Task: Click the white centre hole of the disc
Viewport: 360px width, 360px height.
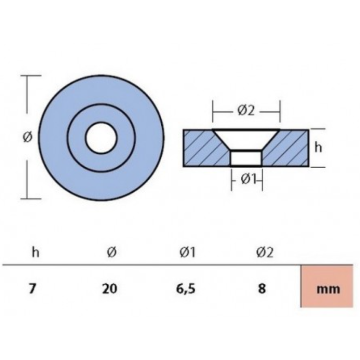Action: pos(101,138)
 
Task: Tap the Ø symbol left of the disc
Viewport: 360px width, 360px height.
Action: pos(28,137)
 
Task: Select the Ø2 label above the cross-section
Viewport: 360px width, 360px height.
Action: pos(246,111)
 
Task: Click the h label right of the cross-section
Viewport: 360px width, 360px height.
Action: pos(318,147)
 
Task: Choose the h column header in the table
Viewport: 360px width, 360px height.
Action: pos(36,252)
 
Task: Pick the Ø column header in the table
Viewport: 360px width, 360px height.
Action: pos(111,252)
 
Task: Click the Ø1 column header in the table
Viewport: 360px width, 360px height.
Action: pos(187,252)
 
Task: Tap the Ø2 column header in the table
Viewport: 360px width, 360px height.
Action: pos(264,252)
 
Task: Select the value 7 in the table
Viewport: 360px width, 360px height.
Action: pos(32,288)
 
